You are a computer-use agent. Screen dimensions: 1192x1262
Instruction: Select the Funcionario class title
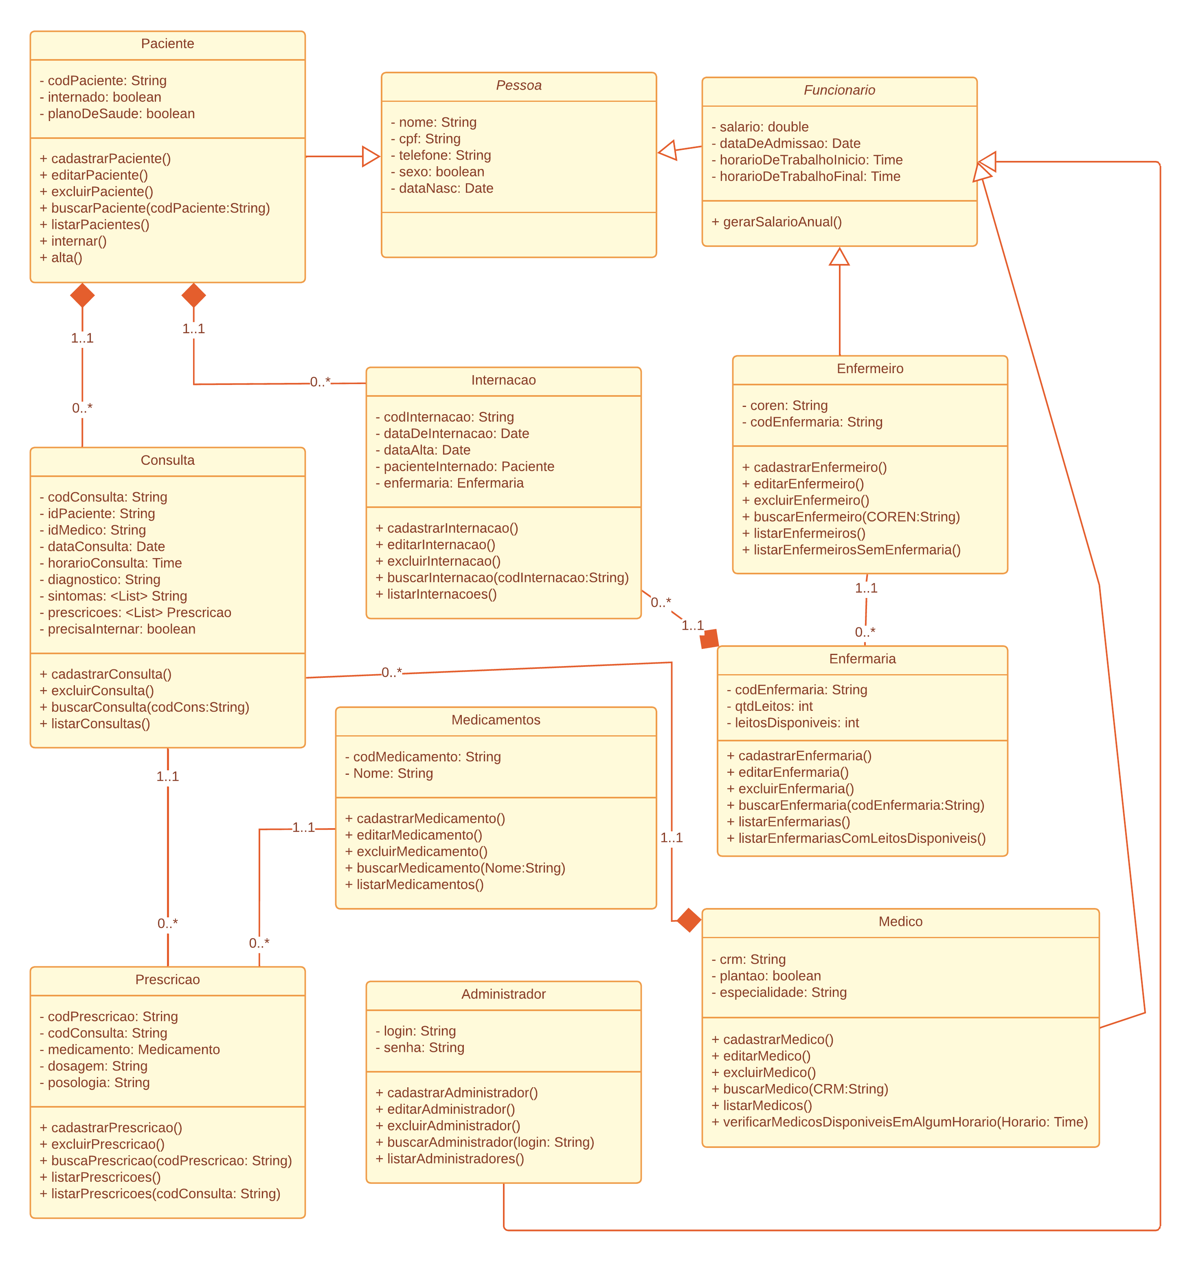tap(839, 90)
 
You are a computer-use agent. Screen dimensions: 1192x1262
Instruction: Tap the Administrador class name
tap(503, 994)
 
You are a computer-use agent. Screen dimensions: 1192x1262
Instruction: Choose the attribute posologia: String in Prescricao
tap(99, 1082)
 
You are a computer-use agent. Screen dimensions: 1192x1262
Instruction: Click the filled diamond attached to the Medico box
tap(688, 920)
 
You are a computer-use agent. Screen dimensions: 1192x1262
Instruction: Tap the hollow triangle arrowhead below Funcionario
tap(839, 257)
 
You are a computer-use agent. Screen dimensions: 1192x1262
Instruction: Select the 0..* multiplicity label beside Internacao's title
tap(320, 382)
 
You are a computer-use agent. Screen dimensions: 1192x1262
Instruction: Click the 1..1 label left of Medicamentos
tap(303, 827)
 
